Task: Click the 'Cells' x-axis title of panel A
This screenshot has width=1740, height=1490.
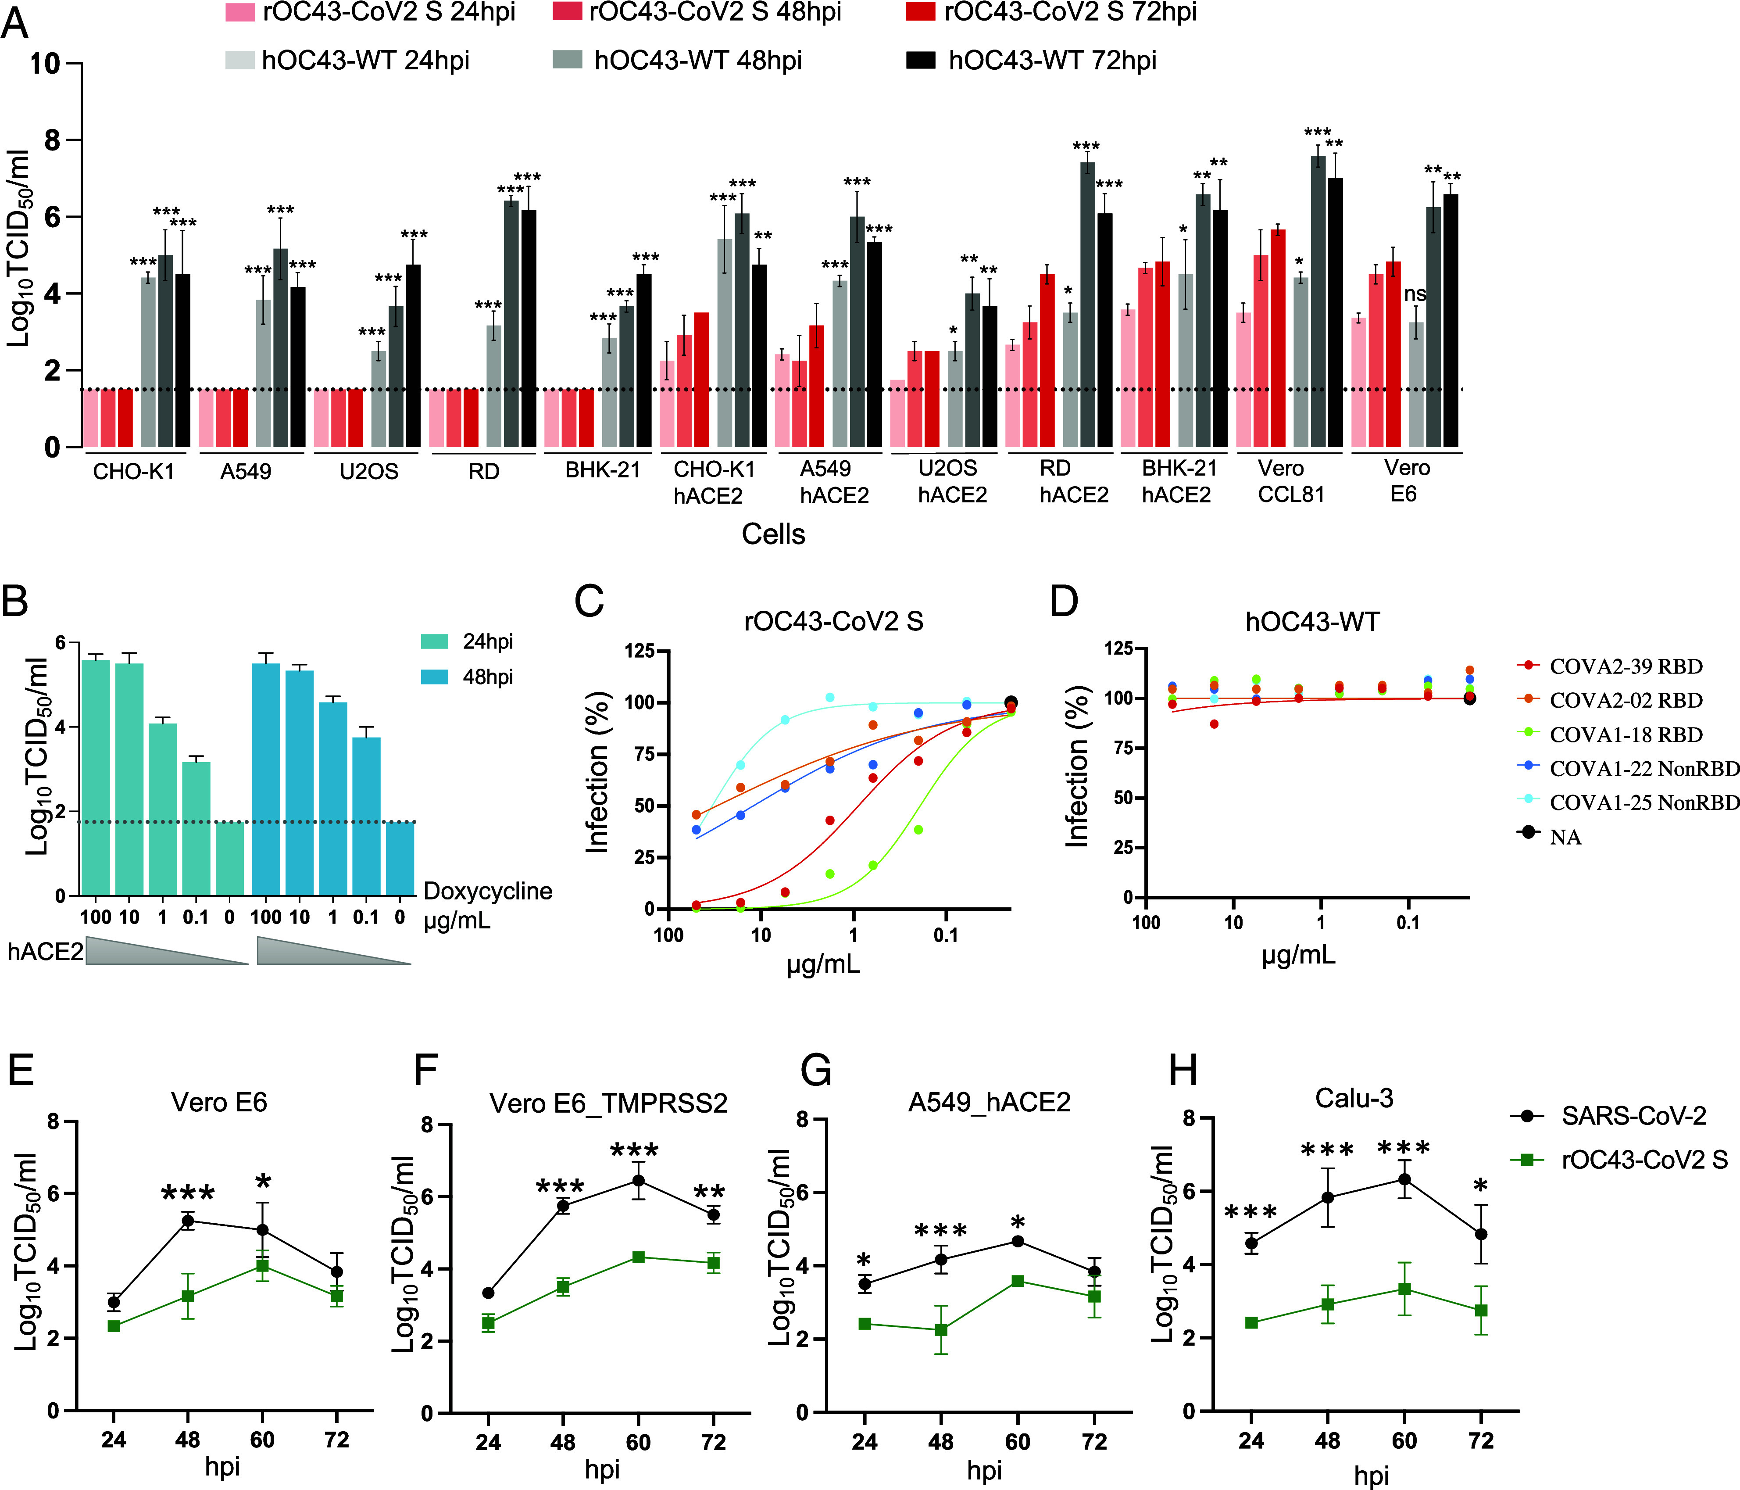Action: coord(772,534)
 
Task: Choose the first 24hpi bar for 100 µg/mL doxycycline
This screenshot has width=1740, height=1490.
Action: coord(96,777)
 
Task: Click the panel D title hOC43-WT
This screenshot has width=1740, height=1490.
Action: coord(1312,622)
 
